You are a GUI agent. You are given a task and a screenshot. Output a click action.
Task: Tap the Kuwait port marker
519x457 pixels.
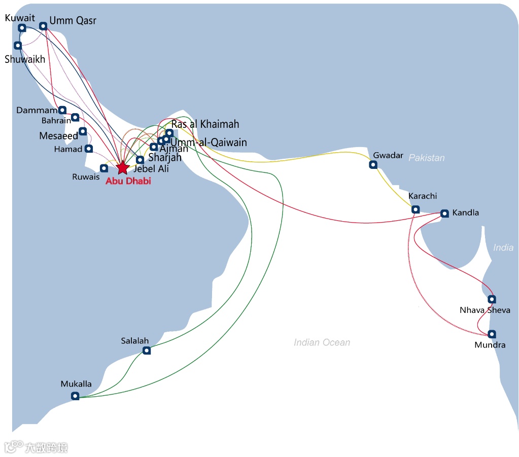tap(22, 28)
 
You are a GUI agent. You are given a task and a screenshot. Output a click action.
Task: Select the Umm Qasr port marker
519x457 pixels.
tap(43, 26)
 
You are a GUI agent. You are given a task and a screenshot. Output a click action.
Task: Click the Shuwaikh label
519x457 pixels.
tap(25, 59)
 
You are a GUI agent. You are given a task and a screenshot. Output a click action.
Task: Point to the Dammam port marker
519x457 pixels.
tap(62, 110)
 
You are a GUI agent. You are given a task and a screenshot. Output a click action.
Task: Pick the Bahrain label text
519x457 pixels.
tap(56, 121)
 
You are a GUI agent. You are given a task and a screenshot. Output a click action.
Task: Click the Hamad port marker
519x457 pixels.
tap(89, 149)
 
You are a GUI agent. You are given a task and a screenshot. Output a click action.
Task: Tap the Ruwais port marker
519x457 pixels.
tap(104, 168)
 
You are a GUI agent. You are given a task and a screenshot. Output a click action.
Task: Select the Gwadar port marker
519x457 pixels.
tap(373, 164)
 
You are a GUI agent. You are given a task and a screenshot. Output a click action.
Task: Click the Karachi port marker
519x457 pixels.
tap(416, 209)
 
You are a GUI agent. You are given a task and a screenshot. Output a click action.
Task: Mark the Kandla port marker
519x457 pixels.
tap(444, 213)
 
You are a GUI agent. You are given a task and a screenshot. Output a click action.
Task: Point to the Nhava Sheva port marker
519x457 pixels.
tap(492, 299)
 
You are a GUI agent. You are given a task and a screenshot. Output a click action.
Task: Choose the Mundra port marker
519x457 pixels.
tap(492, 334)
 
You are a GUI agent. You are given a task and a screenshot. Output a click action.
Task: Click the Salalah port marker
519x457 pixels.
tap(147, 350)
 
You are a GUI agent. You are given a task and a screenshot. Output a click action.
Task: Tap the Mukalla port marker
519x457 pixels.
tap(75, 396)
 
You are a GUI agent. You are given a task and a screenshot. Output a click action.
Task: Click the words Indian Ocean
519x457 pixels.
tap(322, 342)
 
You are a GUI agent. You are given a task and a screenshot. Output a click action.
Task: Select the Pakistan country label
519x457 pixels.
tap(427, 158)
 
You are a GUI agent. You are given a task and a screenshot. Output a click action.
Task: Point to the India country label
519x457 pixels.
tap(503, 248)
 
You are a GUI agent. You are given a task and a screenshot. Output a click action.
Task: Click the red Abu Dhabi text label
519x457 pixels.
tap(128, 181)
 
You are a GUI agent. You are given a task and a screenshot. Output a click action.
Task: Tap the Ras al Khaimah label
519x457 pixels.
tap(205, 124)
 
